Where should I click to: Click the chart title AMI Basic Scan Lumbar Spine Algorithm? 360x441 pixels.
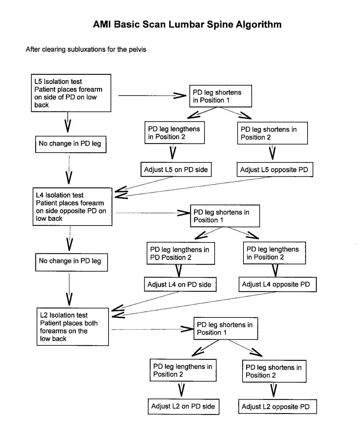pyautogui.click(x=187, y=25)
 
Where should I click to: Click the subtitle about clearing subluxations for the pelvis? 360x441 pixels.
pyautogui.click(x=86, y=50)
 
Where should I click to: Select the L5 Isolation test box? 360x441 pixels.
pyautogui.click(x=71, y=93)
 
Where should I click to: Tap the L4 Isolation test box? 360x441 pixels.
pyautogui.click(x=72, y=207)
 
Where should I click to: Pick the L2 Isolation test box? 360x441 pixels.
pyautogui.click(x=72, y=327)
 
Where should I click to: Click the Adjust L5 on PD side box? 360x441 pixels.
pyautogui.click(x=176, y=170)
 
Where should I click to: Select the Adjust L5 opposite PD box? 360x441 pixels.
pyautogui.click(x=275, y=170)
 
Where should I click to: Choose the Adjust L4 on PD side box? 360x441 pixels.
pyautogui.click(x=180, y=284)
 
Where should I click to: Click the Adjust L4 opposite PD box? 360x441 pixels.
pyautogui.click(x=277, y=284)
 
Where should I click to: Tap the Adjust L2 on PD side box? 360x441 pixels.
pyautogui.click(x=183, y=407)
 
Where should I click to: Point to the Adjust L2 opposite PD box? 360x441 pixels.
pyautogui.click(x=277, y=407)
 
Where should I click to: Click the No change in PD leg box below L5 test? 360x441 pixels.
pyautogui.click(x=71, y=144)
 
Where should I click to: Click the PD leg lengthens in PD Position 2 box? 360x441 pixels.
pyautogui.click(x=181, y=254)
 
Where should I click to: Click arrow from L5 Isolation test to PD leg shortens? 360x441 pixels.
pyautogui.click(x=152, y=96)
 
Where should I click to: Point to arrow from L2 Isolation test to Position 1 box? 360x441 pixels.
pyautogui.click(x=152, y=329)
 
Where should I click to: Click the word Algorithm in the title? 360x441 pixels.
pyautogui.click(x=259, y=25)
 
